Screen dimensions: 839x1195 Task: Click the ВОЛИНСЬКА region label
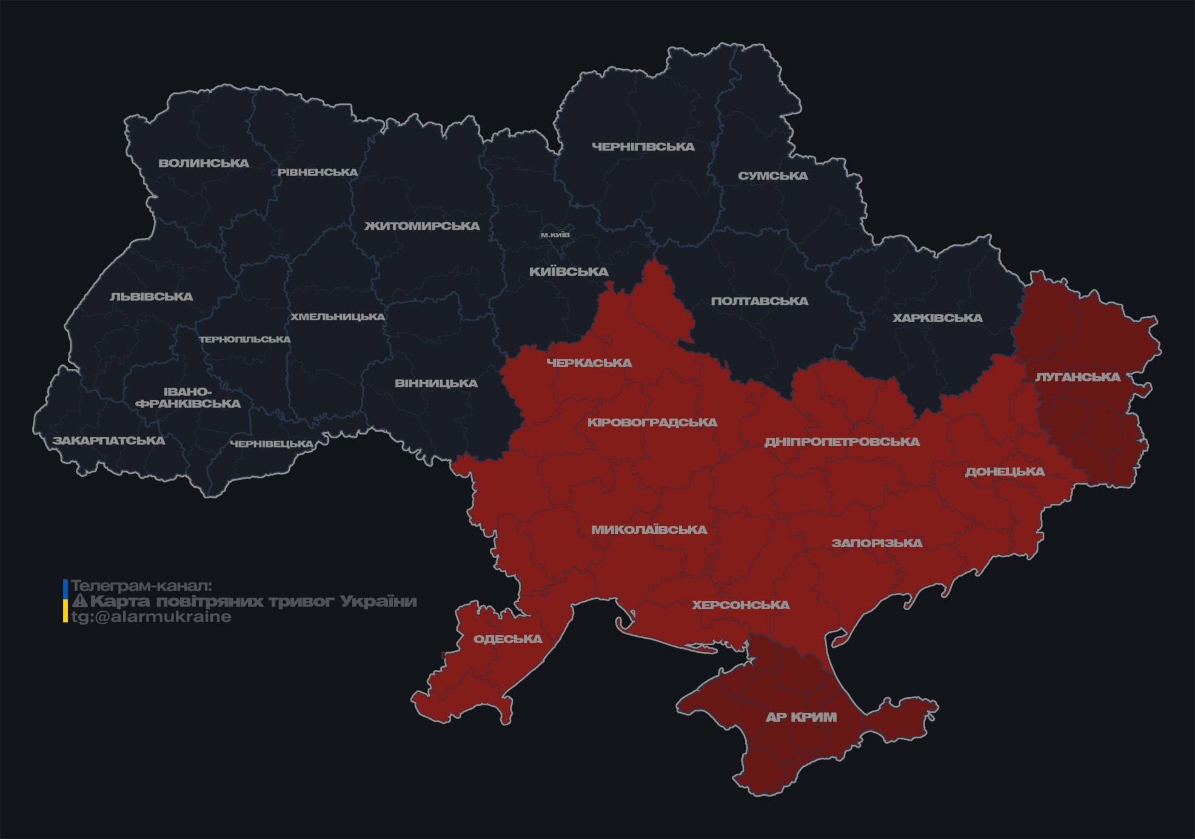pyautogui.click(x=204, y=163)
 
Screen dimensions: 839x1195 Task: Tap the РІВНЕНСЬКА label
pyautogui.click(x=318, y=172)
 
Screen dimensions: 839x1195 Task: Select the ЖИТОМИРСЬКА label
pyautogui.click(x=422, y=226)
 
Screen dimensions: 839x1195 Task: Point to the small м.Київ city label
pyautogui.click(x=555, y=235)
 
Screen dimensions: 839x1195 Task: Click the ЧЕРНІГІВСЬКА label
pyautogui.click(x=643, y=147)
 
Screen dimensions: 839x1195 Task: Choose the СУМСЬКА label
pyautogui.click(x=773, y=176)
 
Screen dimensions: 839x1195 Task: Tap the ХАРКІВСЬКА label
pyautogui.click(x=937, y=318)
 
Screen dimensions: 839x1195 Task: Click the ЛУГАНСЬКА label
pyautogui.click(x=1077, y=377)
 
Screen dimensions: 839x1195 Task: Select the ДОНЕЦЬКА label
pyautogui.click(x=1005, y=471)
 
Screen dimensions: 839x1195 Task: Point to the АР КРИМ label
pyautogui.click(x=801, y=717)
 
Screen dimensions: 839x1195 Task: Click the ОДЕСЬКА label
pyautogui.click(x=507, y=639)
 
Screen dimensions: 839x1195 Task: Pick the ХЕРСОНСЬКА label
pyautogui.click(x=741, y=605)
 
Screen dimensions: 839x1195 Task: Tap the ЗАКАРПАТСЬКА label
pyautogui.click(x=109, y=440)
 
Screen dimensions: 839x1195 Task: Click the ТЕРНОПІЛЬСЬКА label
pyautogui.click(x=245, y=339)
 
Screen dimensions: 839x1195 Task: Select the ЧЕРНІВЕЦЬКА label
pyautogui.click(x=272, y=444)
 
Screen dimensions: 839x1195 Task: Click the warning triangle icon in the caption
pyautogui.click(x=79, y=601)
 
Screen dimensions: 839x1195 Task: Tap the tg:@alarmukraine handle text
pyautogui.click(x=151, y=617)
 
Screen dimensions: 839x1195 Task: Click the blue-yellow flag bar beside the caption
pyautogui.click(x=65, y=601)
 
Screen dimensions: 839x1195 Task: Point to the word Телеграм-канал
pyautogui.click(x=141, y=586)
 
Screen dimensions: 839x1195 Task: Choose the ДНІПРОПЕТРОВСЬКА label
pyautogui.click(x=842, y=442)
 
